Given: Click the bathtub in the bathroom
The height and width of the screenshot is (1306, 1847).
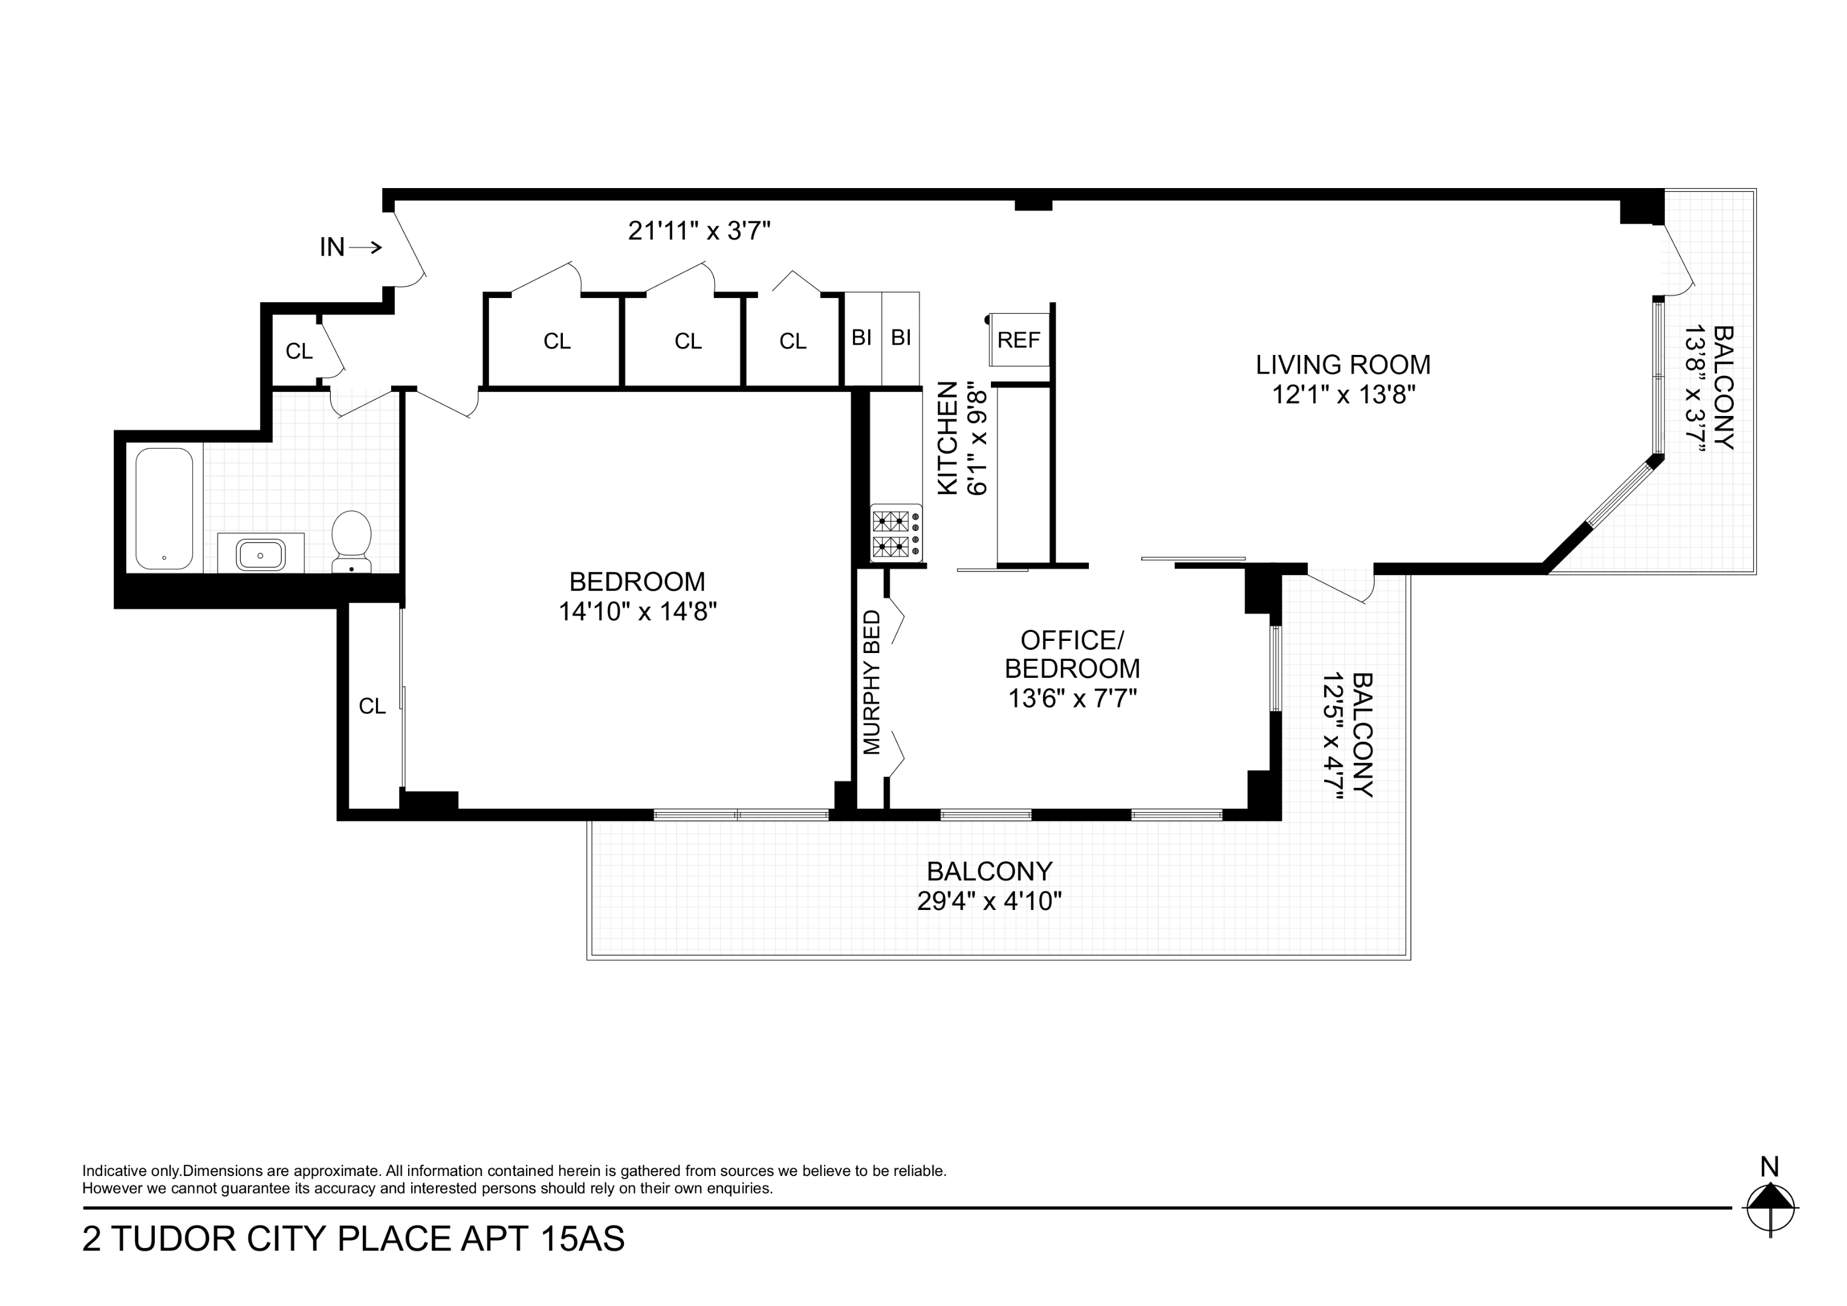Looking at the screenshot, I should (164, 508).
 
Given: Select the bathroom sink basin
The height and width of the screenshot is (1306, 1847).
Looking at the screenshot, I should (260, 554).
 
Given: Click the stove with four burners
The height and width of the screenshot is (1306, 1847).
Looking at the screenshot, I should (896, 533).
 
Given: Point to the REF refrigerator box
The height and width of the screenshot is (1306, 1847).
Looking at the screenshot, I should (1019, 340).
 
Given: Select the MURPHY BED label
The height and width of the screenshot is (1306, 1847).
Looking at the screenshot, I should (872, 683).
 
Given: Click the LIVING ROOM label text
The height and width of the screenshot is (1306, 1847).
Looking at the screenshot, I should (1343, 365).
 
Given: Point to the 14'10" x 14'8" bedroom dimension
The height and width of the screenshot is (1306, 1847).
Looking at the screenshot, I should (637, 611).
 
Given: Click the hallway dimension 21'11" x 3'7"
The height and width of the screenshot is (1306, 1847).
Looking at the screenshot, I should (699, 231).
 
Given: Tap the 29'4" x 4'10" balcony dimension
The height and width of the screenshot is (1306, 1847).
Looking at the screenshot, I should (988, 900).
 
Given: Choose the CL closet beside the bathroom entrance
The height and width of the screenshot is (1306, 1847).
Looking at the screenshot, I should (299, 351).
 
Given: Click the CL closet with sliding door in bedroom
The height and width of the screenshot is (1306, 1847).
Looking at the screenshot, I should (372, 706).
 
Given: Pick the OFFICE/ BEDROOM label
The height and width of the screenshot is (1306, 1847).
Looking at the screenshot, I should (1071, 654).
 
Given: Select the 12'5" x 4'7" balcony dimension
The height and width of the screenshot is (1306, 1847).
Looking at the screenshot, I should (1334, 735).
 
